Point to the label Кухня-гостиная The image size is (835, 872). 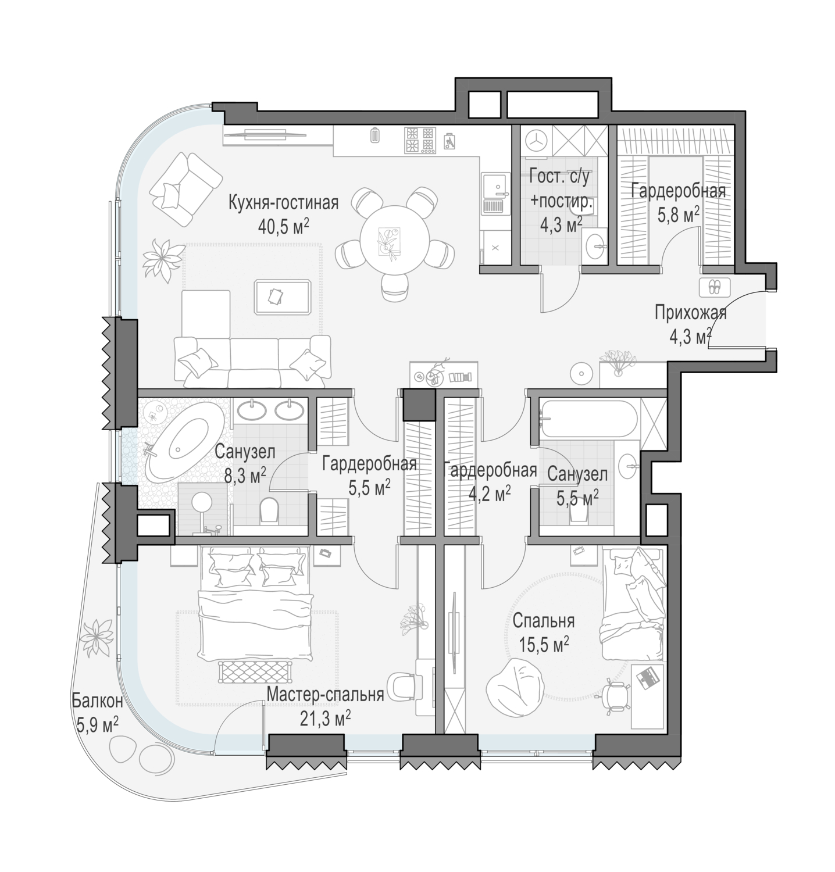click(x=283, y=203)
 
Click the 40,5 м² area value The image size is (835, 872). click(x=283, y=226)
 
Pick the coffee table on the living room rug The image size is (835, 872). click(x=283, y=296)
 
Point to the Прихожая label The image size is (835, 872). click(x=691, y=313)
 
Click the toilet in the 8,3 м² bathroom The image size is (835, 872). click(x=269, y=510)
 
